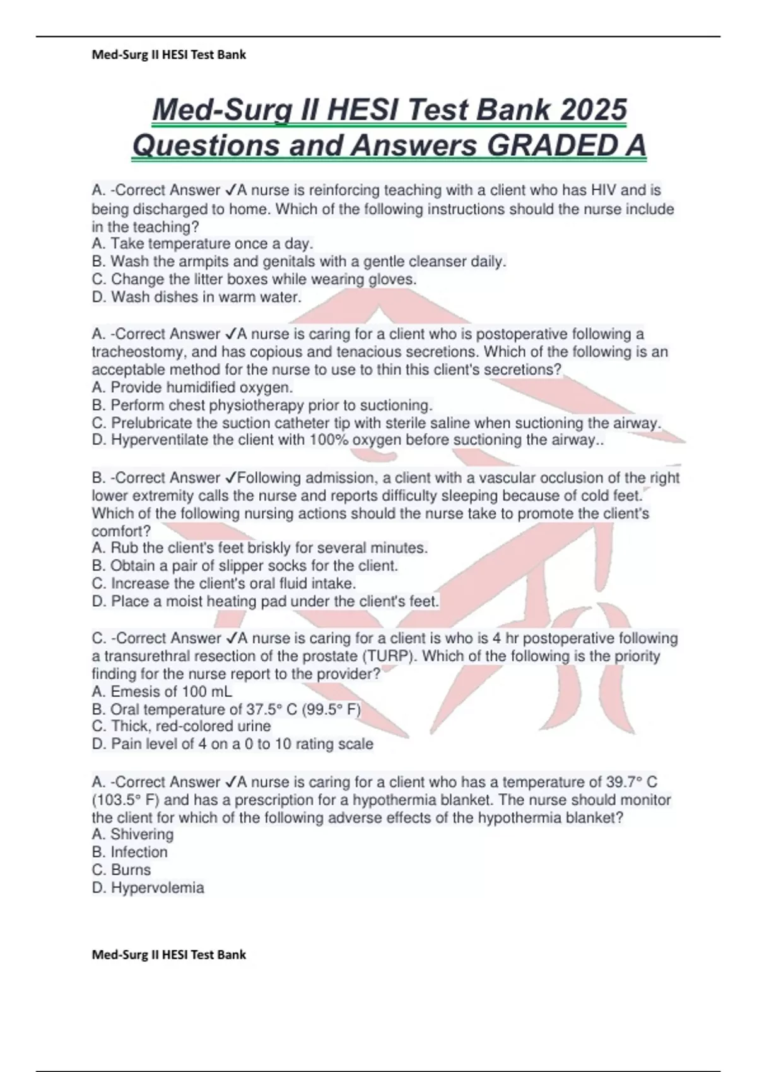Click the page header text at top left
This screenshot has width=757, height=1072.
(168, 55)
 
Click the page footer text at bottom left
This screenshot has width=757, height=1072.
(168, 955)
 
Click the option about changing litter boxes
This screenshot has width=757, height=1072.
(254, 279)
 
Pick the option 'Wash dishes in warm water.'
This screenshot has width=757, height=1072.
(196, 297)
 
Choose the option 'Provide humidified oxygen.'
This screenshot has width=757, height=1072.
(192, 387)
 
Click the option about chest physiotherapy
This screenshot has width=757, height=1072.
(262, 405)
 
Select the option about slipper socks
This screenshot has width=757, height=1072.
(245, 566)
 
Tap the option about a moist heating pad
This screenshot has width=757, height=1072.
(265, 602)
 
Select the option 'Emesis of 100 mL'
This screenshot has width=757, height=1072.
(161, 692)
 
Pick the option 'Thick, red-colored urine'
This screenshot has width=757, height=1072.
(181, 726)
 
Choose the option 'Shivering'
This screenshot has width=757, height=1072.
(132, 834)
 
